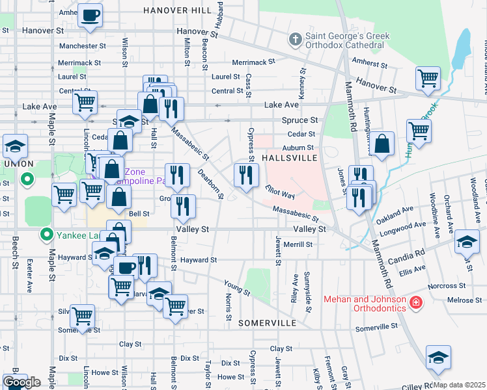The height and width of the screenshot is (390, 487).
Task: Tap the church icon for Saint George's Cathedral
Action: (x=295, y=40)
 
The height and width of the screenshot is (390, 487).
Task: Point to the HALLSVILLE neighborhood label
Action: (x=290, y=158)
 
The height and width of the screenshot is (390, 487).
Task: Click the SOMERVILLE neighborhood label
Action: (x=268, y=322)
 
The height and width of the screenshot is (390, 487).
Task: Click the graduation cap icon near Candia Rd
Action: (x=467, y=242)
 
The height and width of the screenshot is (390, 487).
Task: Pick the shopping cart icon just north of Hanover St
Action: (x=428, y=79)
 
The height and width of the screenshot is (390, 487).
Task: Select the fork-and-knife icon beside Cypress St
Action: (x=246, y=174)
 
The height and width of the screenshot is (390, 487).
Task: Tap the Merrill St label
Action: (x=298, y=244)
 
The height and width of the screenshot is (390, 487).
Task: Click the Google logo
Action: (x=21, y=382)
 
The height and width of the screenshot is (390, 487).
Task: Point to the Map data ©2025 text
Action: (x=460, y=385)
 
